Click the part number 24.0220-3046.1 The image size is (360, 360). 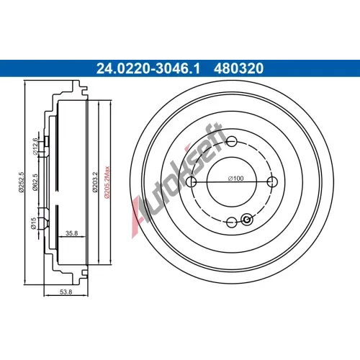point(148,68)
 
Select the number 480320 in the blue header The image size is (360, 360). point(238,68)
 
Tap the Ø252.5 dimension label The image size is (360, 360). point(22,182)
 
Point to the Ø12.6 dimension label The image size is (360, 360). point(35,146)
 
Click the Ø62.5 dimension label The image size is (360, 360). point(35,182)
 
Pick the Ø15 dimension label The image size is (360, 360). point(34,223)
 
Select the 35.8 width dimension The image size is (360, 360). point(72,233)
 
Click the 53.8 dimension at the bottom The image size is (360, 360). point(66,292)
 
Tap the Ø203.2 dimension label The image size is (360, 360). point(95,182)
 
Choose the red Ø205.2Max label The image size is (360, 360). point(107,182)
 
